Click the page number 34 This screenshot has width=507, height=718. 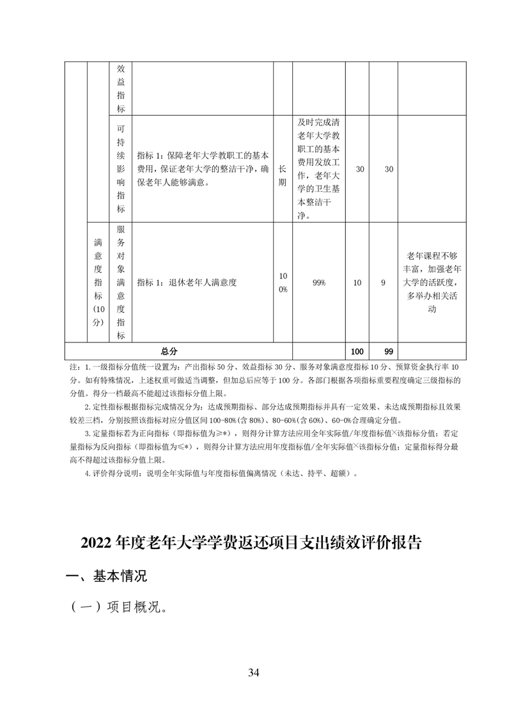tap(253, 672)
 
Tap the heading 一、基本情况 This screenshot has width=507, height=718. tap(107, 576)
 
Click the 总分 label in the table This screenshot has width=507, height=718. tap(169, 351)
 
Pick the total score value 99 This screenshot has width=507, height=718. tap(384, 351)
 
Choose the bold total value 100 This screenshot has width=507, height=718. tap(357, 351)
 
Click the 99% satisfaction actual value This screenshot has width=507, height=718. tap(318, 282)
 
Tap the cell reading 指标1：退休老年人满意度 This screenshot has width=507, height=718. tap(187, 282)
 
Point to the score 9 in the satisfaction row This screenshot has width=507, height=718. tap(384, 282)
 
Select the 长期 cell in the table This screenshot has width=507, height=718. tap(283, 169)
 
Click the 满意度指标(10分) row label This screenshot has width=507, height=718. tap(98, 282)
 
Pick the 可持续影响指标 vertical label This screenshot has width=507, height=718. tap(121, 169)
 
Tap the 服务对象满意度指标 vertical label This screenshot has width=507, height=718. tap(121, 282)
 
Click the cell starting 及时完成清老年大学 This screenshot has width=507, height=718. tap(318, 169)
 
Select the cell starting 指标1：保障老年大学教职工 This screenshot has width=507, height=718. tap(202, 169)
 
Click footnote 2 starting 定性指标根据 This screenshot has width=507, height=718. tap(269, 406)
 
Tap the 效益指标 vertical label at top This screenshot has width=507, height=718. tap(121, 88)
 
